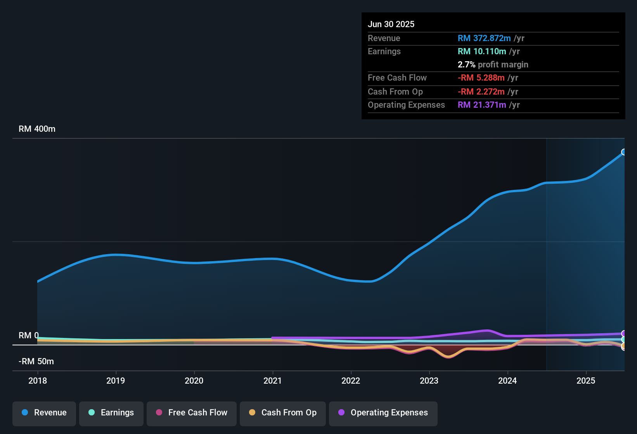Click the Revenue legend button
(x=44, y=413)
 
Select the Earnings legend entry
(x=111, y=413)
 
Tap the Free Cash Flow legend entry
(x=192, y=413)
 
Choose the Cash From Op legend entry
(x=283, y=413)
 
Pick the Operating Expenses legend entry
(x=383, y=413)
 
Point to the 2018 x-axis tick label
(x=38, y=381)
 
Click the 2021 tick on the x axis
(x=272, y=381)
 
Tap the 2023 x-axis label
(x=429, y=381)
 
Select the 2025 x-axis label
(x=586, y=381)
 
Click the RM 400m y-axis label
(x=37, y=129)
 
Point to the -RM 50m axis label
(x=36, y=362)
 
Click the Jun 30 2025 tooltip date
(x=391, y=24)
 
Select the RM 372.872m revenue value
(x=484, y=38)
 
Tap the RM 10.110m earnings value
(x=482, y=52)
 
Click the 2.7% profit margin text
(x=493, y=65)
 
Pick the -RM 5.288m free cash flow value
(x=481, y=78)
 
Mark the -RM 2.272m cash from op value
(x=481, y=92)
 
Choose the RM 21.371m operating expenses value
(x=482, y=105)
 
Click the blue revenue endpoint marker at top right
(x=624, y=152)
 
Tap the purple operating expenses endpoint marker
(x=624, y=334)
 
